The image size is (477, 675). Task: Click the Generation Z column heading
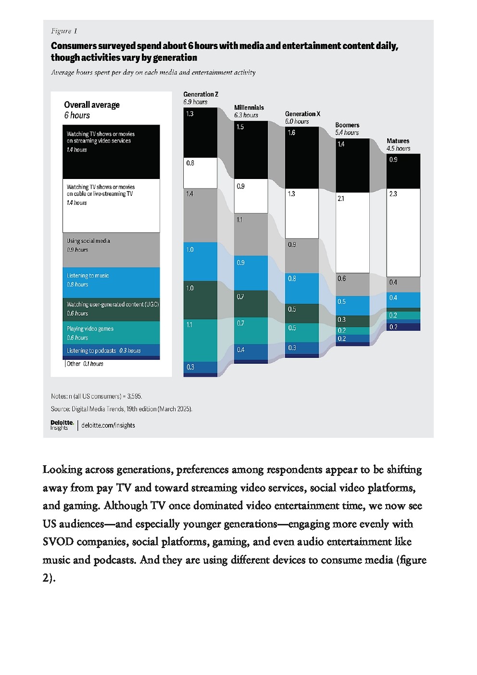coord(201,94)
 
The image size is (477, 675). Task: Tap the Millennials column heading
coord(249,108)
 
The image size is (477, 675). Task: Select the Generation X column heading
coord(302,114)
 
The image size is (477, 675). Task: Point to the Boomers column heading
coord(347,125)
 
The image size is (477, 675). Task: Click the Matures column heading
coord(398,141)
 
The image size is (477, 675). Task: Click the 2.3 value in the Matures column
coord(393,194)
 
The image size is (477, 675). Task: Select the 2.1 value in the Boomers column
coord(340,198)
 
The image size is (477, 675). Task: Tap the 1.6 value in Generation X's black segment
coord(291,133)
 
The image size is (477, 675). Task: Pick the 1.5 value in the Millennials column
coord(240,127)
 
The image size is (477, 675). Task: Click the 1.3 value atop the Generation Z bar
coord(189,114)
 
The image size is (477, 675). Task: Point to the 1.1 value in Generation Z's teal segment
coord(189,325)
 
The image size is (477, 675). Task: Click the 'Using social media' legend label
coord(88,241)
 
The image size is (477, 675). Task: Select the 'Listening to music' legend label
coord(88,276)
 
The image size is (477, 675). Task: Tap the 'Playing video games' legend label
coord(90,329)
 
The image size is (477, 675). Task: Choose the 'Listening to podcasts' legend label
coord(91,351)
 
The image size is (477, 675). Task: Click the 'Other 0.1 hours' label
coord(85,364)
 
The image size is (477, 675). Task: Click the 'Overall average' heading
coord(92,105)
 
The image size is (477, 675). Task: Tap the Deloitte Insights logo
coord(62,425)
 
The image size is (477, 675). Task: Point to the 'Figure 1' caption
coord(64,31)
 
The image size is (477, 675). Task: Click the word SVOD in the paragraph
coord(58,542)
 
